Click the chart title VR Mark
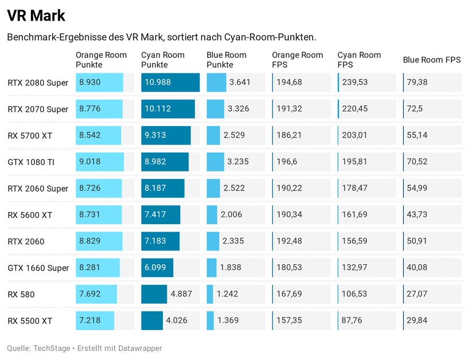36,15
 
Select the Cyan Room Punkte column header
163,60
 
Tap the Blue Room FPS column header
432,60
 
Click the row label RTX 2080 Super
38,83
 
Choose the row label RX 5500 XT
30,320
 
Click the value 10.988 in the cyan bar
158,83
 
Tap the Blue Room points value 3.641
239,83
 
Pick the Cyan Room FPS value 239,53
354,83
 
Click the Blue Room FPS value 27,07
417,294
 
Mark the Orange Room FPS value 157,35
289,320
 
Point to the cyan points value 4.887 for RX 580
181,294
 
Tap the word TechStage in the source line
52,348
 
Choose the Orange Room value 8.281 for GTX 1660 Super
90,268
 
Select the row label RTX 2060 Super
38,189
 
